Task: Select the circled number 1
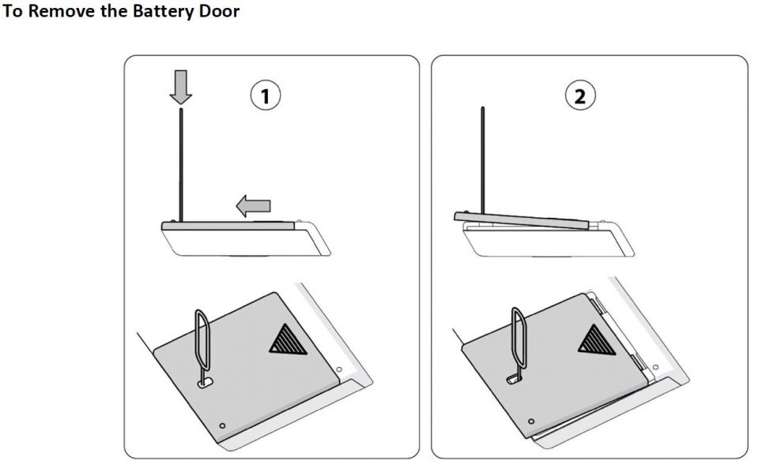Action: [x=266, y=97]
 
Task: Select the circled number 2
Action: [x=580, y=97]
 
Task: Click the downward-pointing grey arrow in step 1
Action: [x=181, y=87]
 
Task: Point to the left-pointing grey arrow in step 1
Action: [x=253, y=207]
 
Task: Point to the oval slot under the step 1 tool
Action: [x=205, y=383]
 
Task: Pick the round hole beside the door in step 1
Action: [x=338, y=369]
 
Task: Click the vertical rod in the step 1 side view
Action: [x=181, y=166]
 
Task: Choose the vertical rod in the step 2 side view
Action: [x=481, y=162]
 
